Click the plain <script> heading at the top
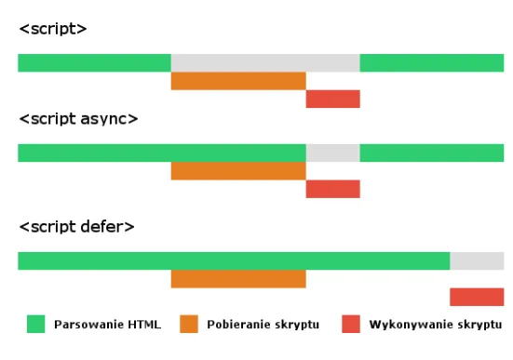tap(53, 30)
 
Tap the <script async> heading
tap(78, 120)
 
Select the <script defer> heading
tap(76, 227)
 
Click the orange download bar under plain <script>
tap(238, 81)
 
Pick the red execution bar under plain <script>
tap(332, 99)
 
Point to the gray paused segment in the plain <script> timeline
tap(265, 62)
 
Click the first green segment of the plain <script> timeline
tap(94, 62)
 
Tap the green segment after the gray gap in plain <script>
tap(431, 62)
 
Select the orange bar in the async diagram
tap(238, 170)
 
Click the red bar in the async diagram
tap(332, 189)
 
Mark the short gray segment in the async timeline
tap(332, 153)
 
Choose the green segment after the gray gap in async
tap(431, 153)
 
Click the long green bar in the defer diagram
tap(234, 260)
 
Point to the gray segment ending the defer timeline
tap(477, 260)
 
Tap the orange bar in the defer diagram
tap(238, 278)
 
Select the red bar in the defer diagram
tap(477, 297)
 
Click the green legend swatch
tap(36, 324)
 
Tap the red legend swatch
tap(350, 324)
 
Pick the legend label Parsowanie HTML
tap(107, 325)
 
